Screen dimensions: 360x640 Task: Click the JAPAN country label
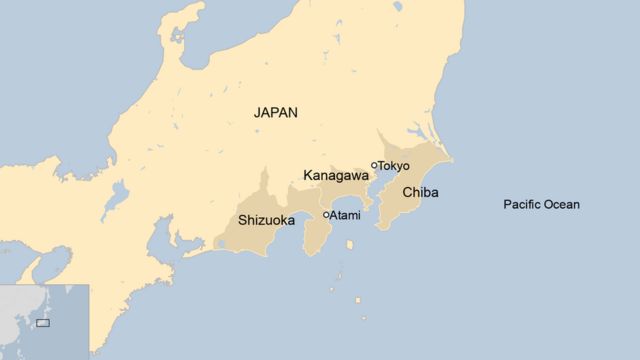275,113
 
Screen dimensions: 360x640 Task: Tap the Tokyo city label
394,165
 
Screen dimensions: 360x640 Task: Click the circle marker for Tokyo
374,166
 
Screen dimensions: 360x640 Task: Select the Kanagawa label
336,175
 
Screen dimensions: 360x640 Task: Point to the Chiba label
420,192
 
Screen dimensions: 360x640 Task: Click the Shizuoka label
266,220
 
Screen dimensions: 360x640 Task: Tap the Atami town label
346,215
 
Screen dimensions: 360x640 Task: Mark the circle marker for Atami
326,214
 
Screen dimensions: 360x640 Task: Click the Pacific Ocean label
541,205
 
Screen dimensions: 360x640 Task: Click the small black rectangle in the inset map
43,322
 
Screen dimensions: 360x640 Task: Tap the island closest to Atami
349,242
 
